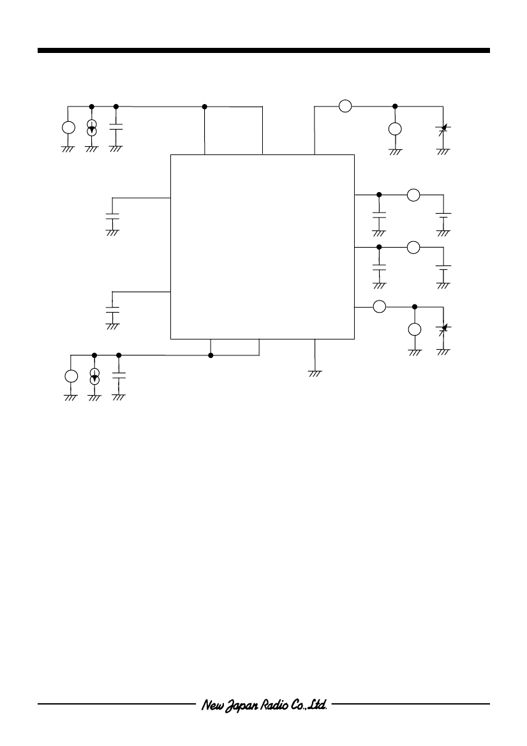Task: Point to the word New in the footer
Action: tap(211, 705)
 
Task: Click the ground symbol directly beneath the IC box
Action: tap(315, 373)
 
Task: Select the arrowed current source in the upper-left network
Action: tap(92, 128)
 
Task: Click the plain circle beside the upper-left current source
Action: tap(68, 128)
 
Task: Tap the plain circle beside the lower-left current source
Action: tap(71, 376)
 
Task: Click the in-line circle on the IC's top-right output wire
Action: tap(345, 106)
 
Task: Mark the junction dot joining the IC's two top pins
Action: tap(205, 106)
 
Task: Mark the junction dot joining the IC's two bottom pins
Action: tap(211, 355)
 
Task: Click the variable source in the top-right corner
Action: tap(444, 128)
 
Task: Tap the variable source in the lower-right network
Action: tap(444, 328)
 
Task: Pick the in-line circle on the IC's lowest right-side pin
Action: tap(379, 307)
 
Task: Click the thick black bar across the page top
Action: tap(263, 50)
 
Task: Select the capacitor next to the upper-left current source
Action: tap(116, 126)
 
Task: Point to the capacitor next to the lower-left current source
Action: tap(119, 375)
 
